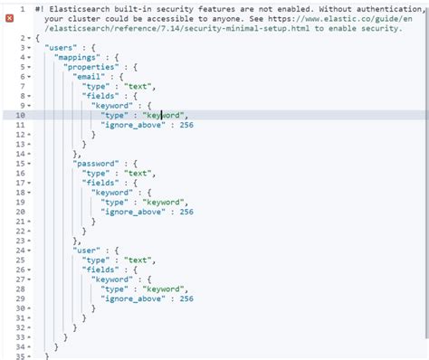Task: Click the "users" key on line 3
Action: pyautogui.click(x=60, y=49)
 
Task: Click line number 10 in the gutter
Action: pyautogui.click(x=21, y=115)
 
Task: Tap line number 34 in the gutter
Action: pyautogui.click(x=21, y=356)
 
